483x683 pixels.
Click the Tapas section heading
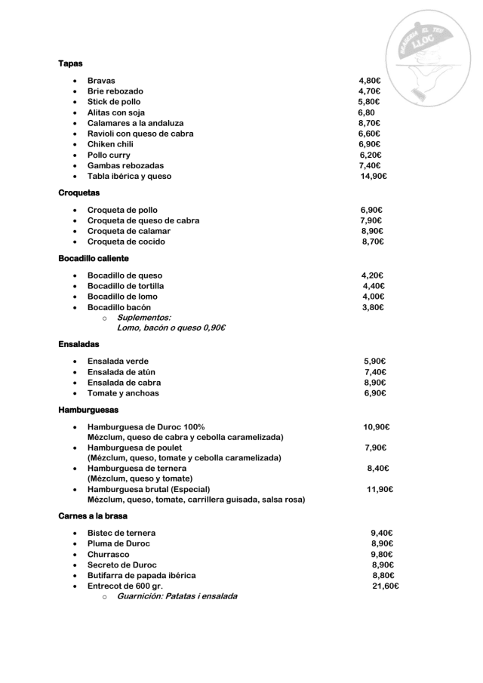coord(70,63)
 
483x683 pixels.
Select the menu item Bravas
coord(101,81)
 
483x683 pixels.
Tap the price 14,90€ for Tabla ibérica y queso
coord(374,176)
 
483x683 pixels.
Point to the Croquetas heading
coord(78,193)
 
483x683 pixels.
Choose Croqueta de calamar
coord(128,231)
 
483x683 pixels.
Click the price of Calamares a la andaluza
coord(369,123)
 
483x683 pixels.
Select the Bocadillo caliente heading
coord(93,258)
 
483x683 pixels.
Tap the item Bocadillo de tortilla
coord(125,286)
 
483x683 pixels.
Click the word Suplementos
coord(143,318)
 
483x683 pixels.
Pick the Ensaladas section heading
coord(78,344)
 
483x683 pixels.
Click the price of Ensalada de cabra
coord(374,383)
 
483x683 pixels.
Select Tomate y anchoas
coord(123,393)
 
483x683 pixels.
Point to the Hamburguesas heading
coord(88,410)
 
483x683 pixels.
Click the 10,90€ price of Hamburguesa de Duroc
coord(376,426)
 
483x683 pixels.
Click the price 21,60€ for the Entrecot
coord(385,586)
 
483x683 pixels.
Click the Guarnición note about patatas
coord(177,596)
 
